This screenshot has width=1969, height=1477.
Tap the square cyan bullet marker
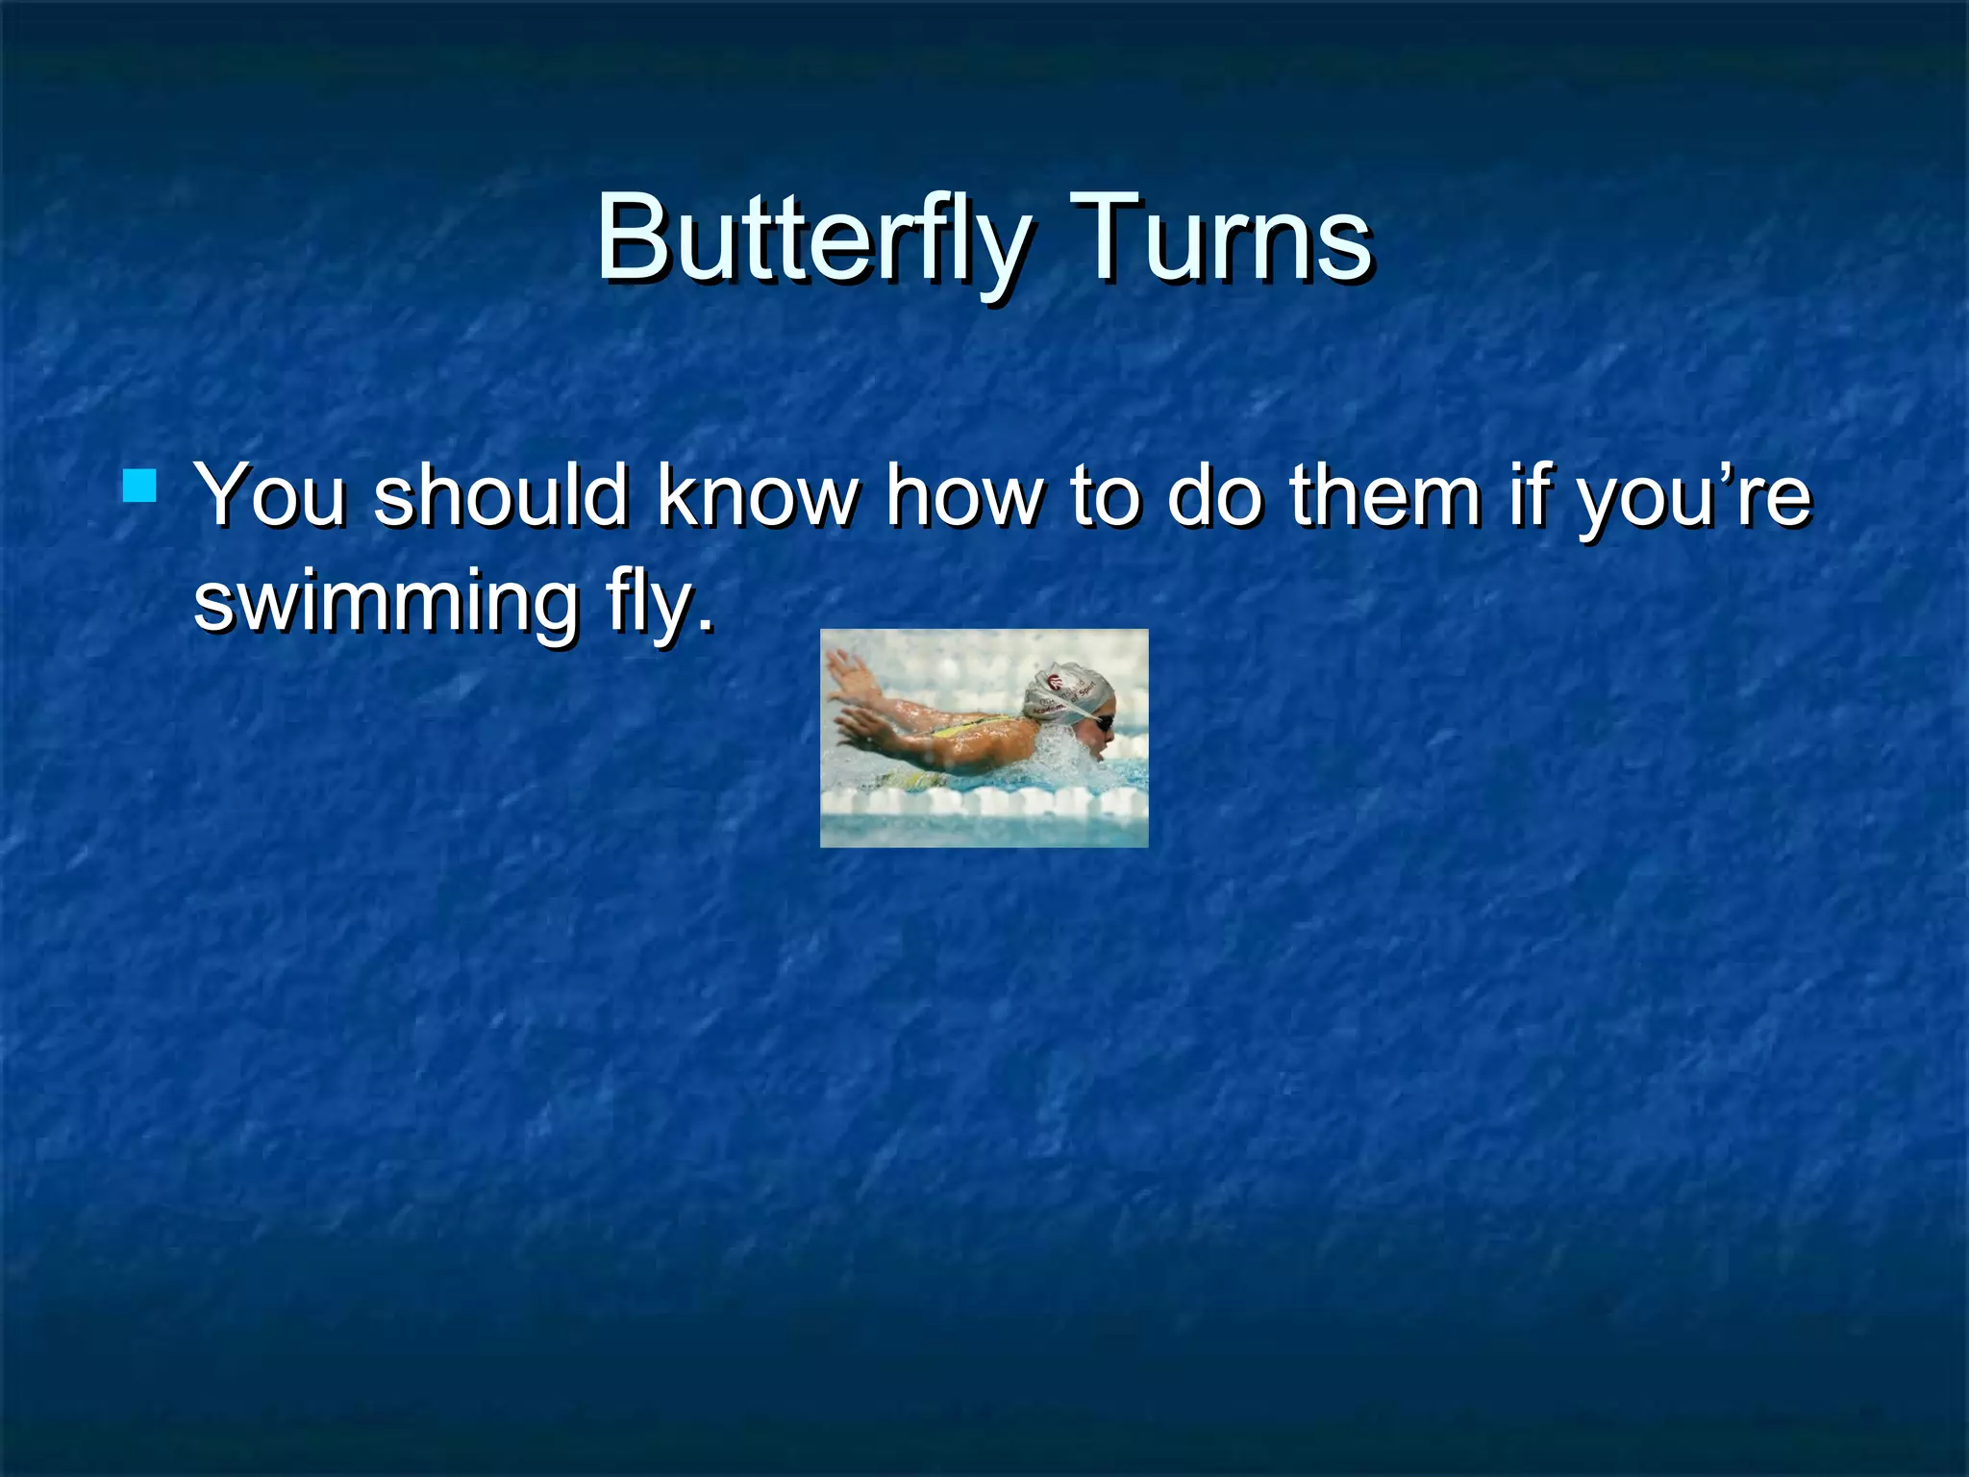click(x=140, y=487)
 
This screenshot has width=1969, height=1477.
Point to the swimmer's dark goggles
click(x=1103, y=722)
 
